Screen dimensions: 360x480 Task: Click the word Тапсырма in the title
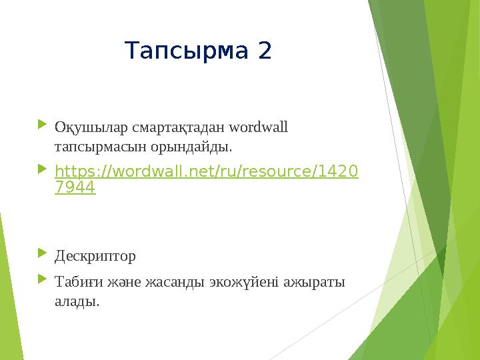pyautogui.click(x=187, y=50)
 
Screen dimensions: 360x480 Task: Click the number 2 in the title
pyautogui.click(x=265, y=50)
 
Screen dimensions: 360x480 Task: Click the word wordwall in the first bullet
pyautogui.click(x=258, y=126)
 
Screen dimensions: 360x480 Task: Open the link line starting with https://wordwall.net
pyautogui.click(x=206, y=172)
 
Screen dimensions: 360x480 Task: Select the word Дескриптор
pyautogui.click(x=95, y=256)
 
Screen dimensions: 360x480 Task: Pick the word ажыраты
pyautogui.click(x=319, y=283)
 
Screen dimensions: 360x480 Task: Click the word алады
pyautogui.click(x=77, y=301)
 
